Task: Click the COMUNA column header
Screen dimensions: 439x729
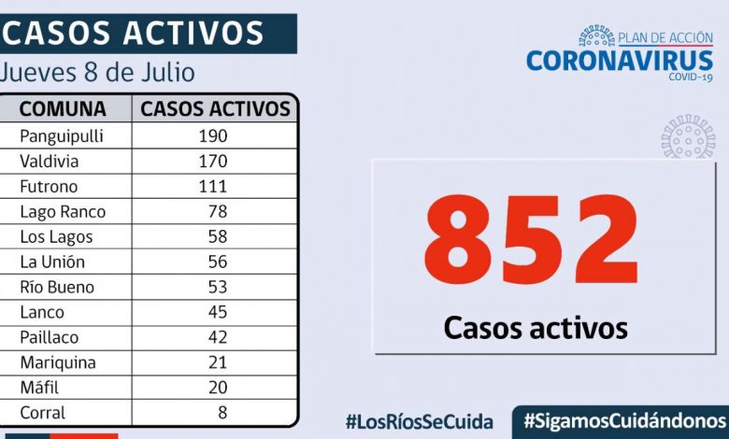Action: [x=63, y=108]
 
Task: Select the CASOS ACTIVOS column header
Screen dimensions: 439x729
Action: [x=215, y=108]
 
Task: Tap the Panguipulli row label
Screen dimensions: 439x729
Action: [x=61, y=135]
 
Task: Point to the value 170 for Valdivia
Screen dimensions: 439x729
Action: [x=212, y=161]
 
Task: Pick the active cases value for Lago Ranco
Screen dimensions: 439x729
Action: [x=219, y=211]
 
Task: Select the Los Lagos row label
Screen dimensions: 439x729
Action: [x=56, y=236]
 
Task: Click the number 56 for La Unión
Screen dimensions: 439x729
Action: [x=219, y=262]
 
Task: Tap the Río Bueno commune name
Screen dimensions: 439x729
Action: [x=55, y=287]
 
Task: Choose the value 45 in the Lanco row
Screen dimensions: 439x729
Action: [x=219, y=312]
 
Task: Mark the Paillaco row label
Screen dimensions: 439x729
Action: [x=49, y=337]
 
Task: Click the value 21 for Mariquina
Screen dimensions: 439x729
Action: [x=219, y=362]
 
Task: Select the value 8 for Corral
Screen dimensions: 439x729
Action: [x=223, y=413]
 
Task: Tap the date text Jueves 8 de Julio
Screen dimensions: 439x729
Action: [x=98, y=72]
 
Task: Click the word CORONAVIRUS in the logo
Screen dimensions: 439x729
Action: [x=620, y=61]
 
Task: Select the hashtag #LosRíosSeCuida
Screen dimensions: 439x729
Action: [x=419, y=421]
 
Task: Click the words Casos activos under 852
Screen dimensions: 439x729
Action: [x=536, y=328]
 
